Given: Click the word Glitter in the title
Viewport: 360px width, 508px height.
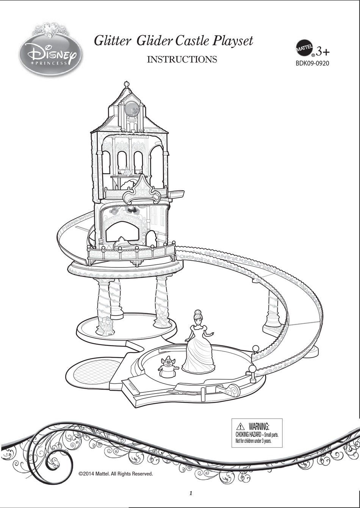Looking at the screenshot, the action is coord(112,41).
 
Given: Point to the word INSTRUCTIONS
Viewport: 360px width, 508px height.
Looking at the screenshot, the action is coord(182,59).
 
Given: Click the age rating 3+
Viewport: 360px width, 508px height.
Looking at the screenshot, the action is coord(322,51).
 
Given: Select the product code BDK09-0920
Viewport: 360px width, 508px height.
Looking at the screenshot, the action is coord(312,63).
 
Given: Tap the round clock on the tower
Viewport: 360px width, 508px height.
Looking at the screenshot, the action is coord(131,108).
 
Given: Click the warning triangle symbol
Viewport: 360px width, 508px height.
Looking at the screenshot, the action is coord(240,427).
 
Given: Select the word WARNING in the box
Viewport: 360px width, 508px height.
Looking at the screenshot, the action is coord(259,427).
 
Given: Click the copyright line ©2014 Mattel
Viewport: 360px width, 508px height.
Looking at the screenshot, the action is coord(116,474).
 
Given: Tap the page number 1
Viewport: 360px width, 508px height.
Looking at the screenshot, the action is coord(191,493).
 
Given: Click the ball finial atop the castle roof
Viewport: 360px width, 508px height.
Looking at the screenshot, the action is coord(127,83).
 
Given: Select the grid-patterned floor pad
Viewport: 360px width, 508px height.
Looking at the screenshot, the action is coord(92,372).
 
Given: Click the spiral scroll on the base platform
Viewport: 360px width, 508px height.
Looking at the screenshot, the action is coord(231,390).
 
